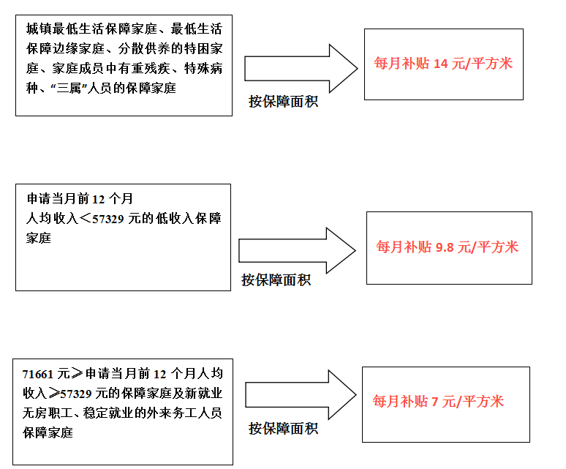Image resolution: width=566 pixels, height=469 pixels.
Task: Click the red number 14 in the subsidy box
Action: pyautogui.click(x=440, y=64)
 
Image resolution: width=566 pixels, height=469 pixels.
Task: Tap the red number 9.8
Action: pyautogui.click(x=445, y=248)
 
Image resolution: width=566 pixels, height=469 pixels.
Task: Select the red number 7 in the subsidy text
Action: pyautogui.click(x=434, y=402)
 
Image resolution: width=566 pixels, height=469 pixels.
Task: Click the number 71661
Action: pyautogui.click(x=37, y=375)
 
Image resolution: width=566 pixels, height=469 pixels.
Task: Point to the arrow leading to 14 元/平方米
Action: pyautogui.click(x=301, y=69)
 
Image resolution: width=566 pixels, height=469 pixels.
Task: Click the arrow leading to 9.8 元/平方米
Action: pyautogui.click(x=297, y=250)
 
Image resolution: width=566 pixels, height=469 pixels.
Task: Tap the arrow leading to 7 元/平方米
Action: pyautogui.click(x=301, y=394)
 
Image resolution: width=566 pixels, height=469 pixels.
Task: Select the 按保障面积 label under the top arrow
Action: pyautogui.click(x=283, y=102)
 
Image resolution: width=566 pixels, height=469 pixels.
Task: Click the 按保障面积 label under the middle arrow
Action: pyautogui.click(x=276, y=279)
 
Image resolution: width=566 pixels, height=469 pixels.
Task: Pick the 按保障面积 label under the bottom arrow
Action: pyautogui.click(x=283, y=429)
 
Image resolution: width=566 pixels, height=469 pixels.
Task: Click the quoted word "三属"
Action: pyautogui.click(x=69, y=88)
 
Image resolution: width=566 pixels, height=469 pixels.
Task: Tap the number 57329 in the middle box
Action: pyautogui.click(x=108, y=220)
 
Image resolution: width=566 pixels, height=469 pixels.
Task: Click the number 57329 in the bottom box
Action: pyautogui.click(x=76, y=394)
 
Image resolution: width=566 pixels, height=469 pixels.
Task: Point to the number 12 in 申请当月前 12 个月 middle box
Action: pyautogui.click(x=99, y=199)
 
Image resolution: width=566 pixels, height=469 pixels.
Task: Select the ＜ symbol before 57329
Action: pyautogui.click(x=85, y=219)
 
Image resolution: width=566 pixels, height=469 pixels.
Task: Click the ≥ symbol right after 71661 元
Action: pyautogui.click(x=78, y=374)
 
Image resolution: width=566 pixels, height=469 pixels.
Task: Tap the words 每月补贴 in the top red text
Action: pyautogui.click(x=401, y=64)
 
